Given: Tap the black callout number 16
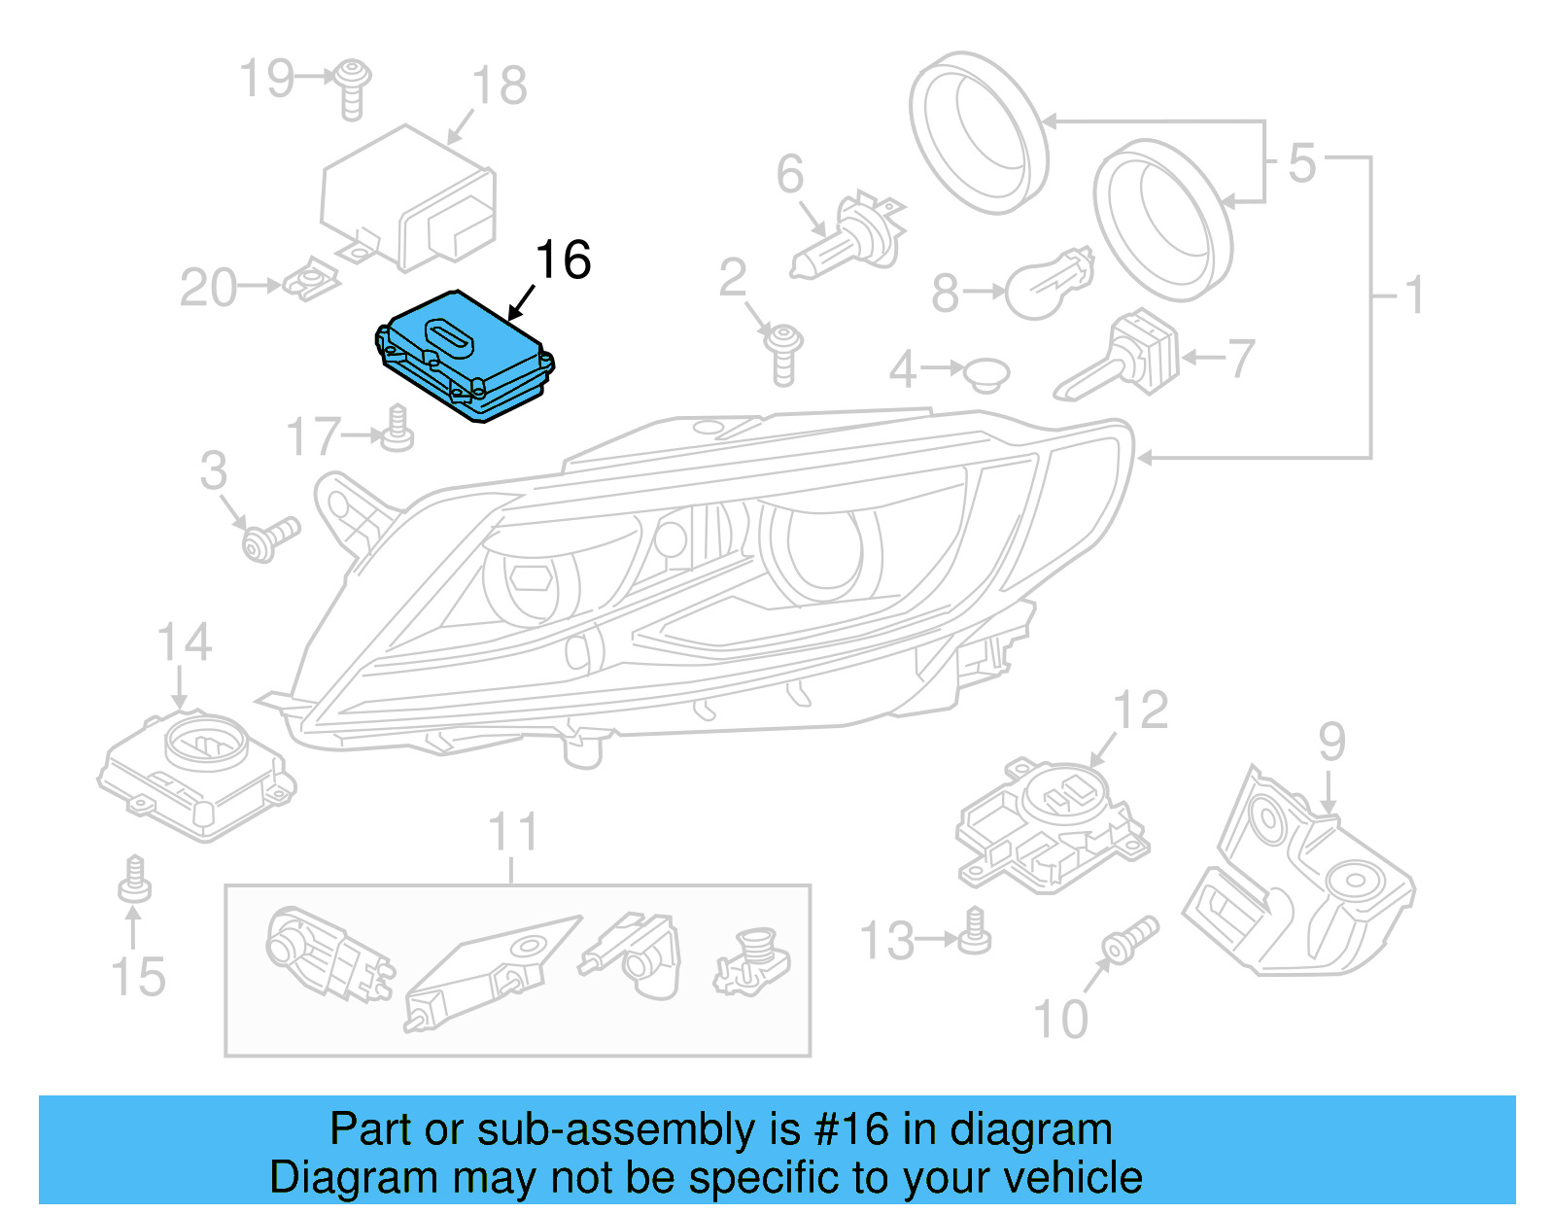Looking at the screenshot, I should coord(563,260).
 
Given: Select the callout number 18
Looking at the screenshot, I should coord(500,86).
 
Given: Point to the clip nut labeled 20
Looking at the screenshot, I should coord(312,283).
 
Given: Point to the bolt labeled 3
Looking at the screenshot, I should coord(269,538).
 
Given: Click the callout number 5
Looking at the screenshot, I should coord(1302,163).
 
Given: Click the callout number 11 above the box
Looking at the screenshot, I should coord(512,833).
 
